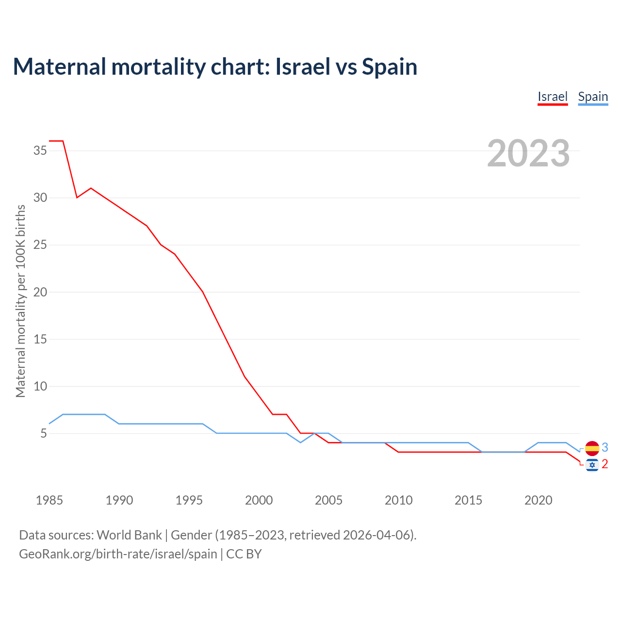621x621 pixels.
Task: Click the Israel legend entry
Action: (x=553, y=97)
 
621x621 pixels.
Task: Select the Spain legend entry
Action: (x=593, y=97)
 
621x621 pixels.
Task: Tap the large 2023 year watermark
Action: (x=528, y=153)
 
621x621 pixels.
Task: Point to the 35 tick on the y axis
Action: (x=40, y=151)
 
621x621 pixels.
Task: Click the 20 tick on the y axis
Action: (x=40, y=292)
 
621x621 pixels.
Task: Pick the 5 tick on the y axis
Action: (x=44, y=433)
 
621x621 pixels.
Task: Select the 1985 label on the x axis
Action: (x=49, y=500)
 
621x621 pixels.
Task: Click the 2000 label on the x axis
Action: (x=259, y=500)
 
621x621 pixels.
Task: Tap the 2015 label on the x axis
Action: (x=468, y=500)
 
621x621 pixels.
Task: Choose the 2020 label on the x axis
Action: (x=538, y=500)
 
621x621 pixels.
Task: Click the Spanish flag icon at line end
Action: (x=592, y=448)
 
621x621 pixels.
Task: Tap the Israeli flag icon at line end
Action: (x=592, y=465)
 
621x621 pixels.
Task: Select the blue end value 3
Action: (x=605, y=448)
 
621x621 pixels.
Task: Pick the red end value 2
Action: (x=605, y=464)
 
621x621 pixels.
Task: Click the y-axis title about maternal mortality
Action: (x=20, y=301)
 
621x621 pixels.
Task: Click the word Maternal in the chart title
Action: (x=60, y=67)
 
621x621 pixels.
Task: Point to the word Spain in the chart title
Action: (x=390, y=67)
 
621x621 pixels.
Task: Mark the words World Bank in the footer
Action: (x=129, y=535)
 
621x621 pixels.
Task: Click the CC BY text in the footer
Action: (x=244, y=554)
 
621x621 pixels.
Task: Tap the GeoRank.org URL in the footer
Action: (x=118, y=554)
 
